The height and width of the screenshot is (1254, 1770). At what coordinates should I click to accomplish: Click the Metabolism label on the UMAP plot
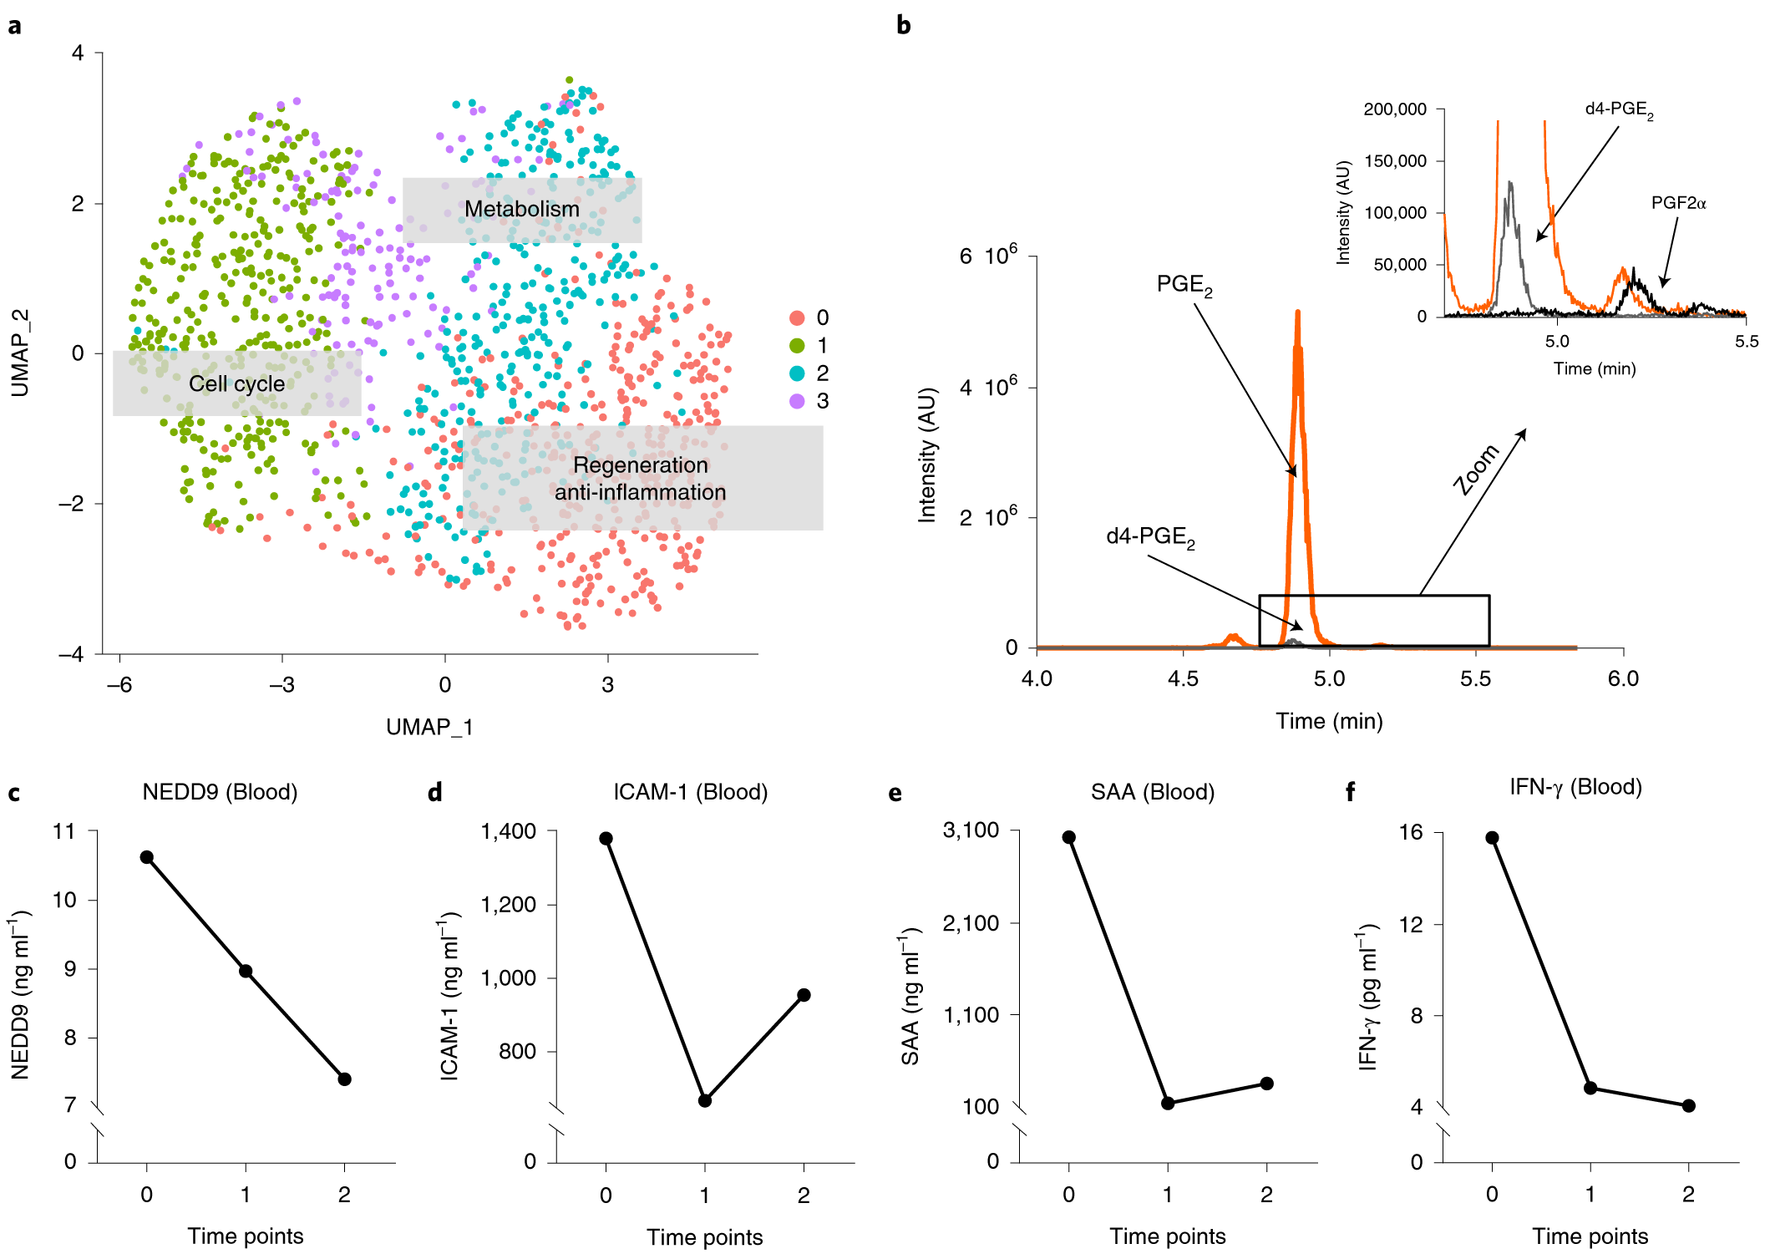(x=521, y=209)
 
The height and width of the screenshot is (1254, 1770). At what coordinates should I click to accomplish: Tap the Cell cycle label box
(x=236, y=383)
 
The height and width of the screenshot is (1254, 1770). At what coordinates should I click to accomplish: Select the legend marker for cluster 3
(x=797, y=401)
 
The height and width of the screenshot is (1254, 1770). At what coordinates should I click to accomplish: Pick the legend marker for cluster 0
(x=797, y=317)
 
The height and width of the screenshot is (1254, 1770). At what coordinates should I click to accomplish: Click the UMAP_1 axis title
(x=429, y=727)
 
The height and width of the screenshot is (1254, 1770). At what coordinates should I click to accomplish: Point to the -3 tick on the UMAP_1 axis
(x=281, y=685)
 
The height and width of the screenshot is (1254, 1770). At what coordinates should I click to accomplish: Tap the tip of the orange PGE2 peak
(x=1297, y=312)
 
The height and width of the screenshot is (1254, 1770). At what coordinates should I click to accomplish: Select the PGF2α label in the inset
(x=1678, y=203)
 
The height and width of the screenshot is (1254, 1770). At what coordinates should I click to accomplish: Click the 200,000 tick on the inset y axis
(x=1395, y=109)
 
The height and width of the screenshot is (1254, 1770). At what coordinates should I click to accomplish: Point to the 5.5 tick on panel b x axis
(x=1475, y=678)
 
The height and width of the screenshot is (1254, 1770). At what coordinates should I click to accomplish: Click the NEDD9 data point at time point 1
(x=246, y=971)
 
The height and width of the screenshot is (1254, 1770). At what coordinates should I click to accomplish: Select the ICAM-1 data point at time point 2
(x=804, y=995)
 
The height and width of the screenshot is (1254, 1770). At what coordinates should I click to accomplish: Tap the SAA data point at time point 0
(x=1068, y=837)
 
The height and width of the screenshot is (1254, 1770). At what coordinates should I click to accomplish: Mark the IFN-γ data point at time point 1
(x=1590, y=1088)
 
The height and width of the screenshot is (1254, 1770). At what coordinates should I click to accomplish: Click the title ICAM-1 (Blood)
(x=690, y=792)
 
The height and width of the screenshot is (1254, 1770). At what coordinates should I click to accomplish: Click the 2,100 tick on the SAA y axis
(x=971, y=923)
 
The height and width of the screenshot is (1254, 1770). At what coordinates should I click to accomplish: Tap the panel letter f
(x=1351, y=792)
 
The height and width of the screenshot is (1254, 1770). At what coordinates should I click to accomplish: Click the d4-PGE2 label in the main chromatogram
(x=1150, y=536)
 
